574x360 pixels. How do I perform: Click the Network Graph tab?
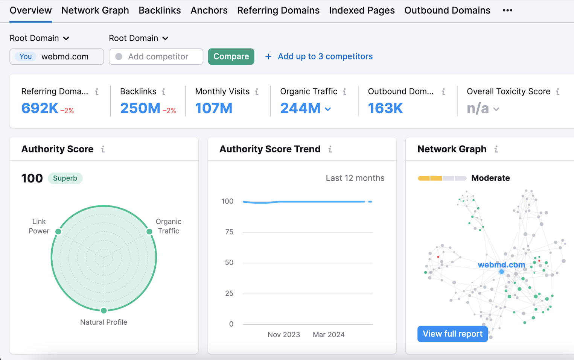pyautogui.click(x=95, y=11)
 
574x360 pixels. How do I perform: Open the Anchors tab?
pyautogui.click(x=209, y=11)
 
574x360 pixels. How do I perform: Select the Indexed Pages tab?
pyautogui.click(x=362, y=11)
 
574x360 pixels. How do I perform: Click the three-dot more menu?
pyautogui.click(x=507, y=11)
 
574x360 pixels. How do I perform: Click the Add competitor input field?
pyautogui.click(x=156, y=56)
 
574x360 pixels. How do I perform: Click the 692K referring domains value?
pyautogui.click(x=40, y=108)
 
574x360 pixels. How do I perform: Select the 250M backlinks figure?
pyautogui.click(x=140, y=108)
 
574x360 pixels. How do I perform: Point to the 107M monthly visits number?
pyautogui.click(x=214, y=108)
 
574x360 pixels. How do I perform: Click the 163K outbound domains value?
pyautogui.click(x=385, y=108)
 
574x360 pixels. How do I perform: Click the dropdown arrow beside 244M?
pyautogui.click(x=328, y=109)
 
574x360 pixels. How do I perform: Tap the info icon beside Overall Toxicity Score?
pyautogui.click(x=557, y=91)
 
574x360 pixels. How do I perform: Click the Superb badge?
pyautogui.click(x=65, y=178)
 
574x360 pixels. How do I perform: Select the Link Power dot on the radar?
pyautogui.click(x=58, y=231)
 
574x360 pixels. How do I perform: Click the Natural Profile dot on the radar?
pyautogui.click(x=104, y=311)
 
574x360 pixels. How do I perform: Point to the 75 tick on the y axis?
pyautogui.click(x=229, y=232)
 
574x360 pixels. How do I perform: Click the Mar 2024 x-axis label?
pyautogui.click(x=329, y=335)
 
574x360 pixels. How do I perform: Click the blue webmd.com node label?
pyautogui.click(x=501, y=265)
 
